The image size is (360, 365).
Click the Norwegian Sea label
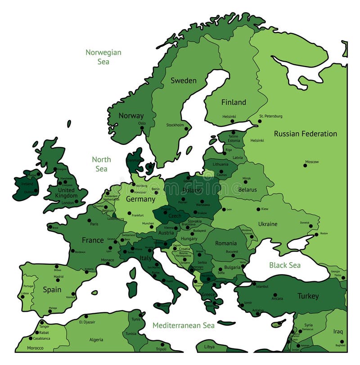tap(103, 57)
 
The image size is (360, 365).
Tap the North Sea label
tap(101, 164)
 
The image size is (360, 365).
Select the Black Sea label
tap(285, 265)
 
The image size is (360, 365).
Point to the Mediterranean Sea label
tap(183, 325)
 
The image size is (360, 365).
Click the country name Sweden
tap(183, 81)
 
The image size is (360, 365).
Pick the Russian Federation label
tap(305, 134)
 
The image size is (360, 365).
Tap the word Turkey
tap(308, 296)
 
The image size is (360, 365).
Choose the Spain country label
tap(52, 289)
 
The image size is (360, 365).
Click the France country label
tap(93, 240)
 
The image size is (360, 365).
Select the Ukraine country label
tap(267, 224)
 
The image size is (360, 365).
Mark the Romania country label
tap(226, 243)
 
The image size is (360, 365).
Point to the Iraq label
tap(338, 331)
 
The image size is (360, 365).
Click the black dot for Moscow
tap(305, 166)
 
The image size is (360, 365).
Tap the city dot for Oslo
tap(141, 127)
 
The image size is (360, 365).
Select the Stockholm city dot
tap(186, 129)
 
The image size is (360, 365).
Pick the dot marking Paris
tap(90, 219)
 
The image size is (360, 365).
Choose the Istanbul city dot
tap(254, 284)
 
